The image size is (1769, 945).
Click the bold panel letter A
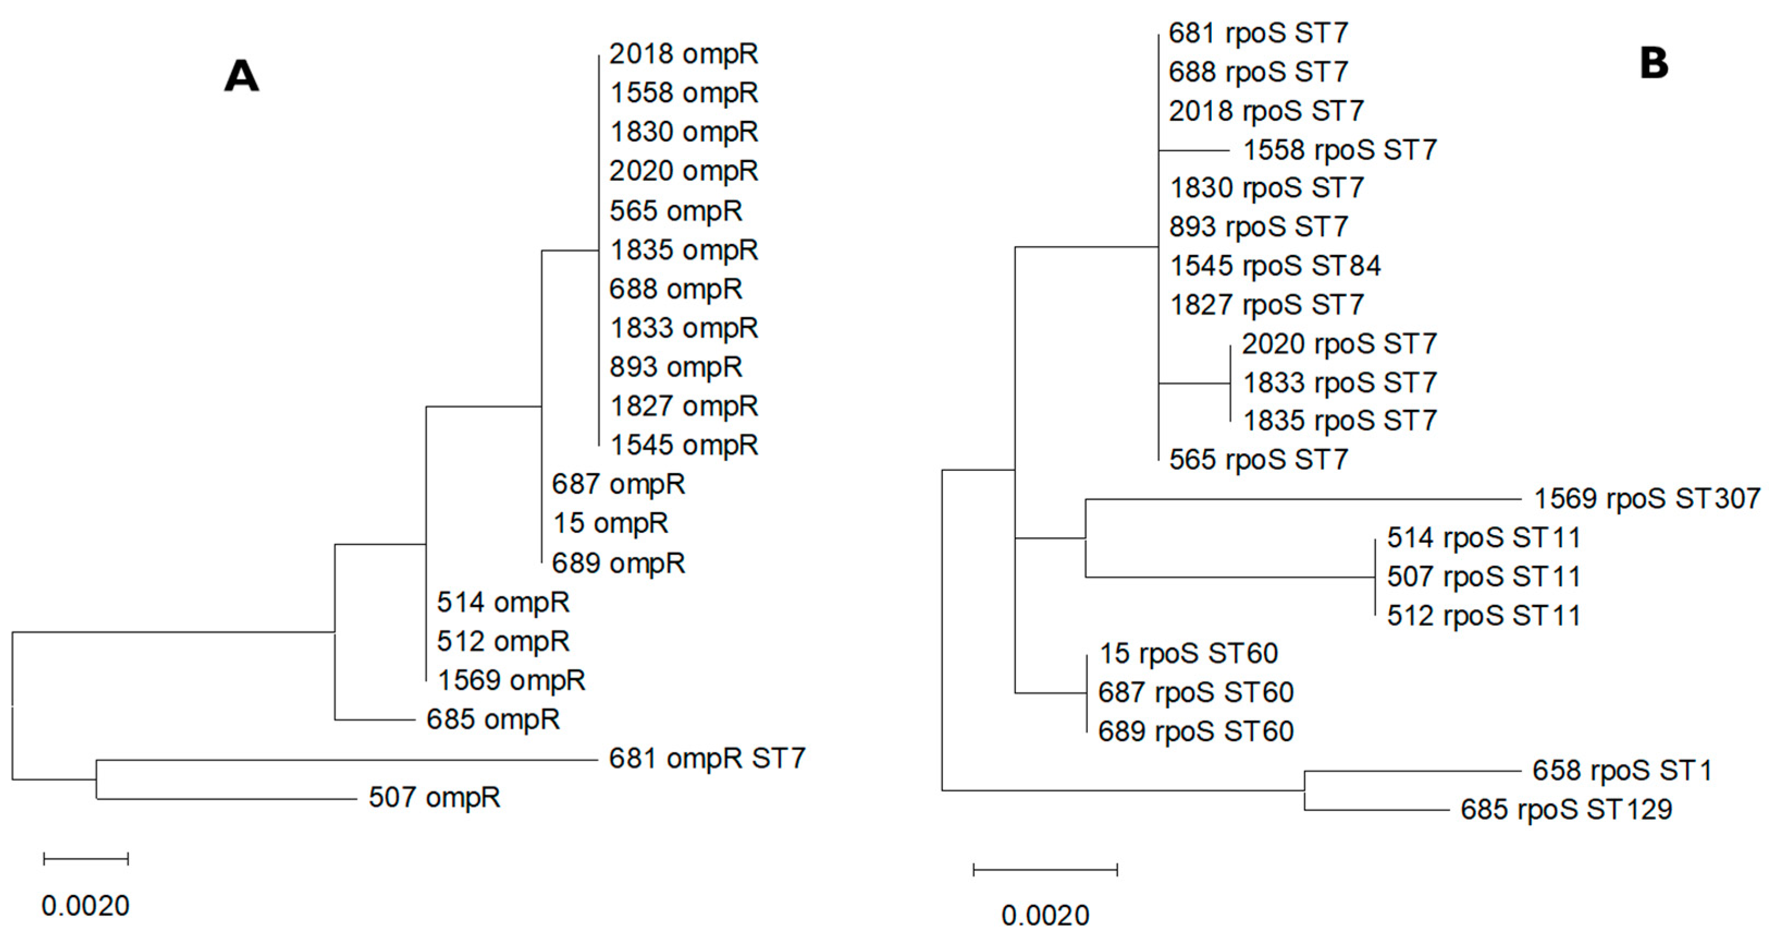(242, 76)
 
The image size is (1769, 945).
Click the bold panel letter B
(1654, 64)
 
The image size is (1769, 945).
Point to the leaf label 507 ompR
(434, 797)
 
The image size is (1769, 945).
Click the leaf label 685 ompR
(493, 719)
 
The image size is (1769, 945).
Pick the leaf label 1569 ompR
(511, 680)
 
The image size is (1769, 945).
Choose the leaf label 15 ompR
(611, 523)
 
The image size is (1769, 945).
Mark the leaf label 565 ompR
(676, 210)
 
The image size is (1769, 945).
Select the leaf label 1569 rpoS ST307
(1647, 499)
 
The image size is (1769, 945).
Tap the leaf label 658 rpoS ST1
(1622, 771)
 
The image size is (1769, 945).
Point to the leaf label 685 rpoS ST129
(1565, 809)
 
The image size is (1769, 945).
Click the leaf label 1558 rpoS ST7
(1340, 150)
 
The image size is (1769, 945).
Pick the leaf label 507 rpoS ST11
(1483, 576)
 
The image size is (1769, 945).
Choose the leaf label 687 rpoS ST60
(1195, 692)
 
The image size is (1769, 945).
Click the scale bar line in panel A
(86, 858)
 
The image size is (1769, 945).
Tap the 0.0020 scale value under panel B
(1045, 916)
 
